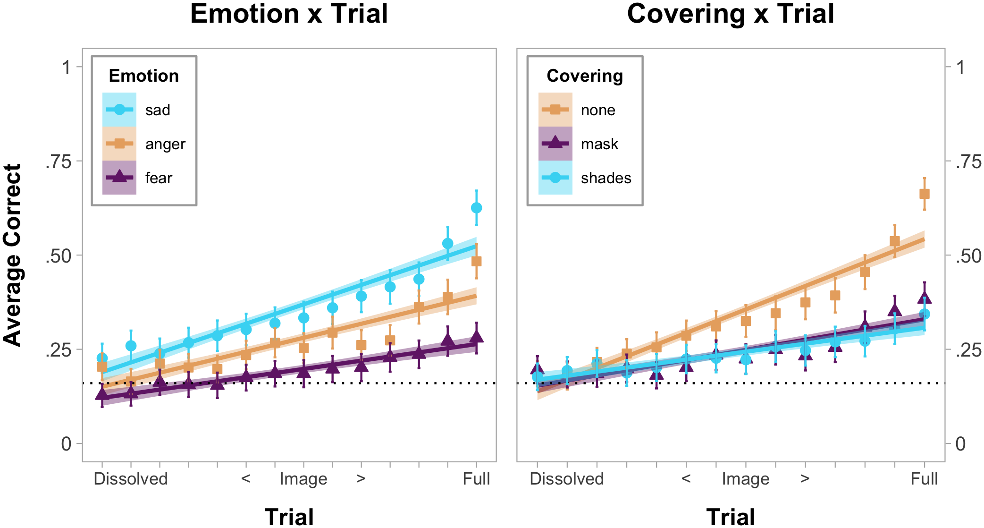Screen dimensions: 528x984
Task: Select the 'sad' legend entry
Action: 157,110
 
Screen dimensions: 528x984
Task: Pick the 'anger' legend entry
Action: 165,144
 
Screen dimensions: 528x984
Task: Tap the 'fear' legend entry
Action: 159,178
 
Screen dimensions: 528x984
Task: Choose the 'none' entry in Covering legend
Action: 597,110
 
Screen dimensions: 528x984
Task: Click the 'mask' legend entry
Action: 599,144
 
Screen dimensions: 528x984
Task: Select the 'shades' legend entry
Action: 606,178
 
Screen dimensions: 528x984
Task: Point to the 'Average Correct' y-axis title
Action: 13,255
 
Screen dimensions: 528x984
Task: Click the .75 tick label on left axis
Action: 58,162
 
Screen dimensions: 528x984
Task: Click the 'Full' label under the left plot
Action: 476,479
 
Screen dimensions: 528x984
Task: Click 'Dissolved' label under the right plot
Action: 566,479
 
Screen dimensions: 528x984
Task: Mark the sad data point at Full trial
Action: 477,208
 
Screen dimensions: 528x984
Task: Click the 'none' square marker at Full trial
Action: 925,194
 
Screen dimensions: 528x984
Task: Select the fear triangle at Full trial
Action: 477,337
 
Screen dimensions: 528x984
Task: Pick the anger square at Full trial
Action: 477,261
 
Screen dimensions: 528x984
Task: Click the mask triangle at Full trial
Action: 925,298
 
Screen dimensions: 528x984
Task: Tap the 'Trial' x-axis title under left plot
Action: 289,517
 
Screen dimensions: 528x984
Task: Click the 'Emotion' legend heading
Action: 143,76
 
